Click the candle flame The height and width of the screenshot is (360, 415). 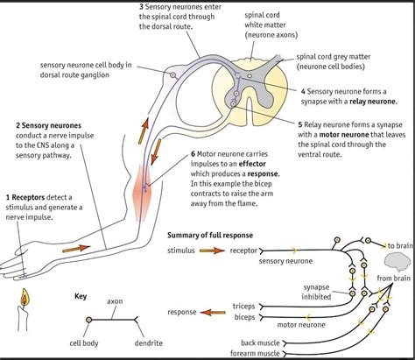25,297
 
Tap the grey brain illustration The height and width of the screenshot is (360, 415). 397,261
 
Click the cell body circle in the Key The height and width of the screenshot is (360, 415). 89,320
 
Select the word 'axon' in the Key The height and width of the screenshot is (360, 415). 115,301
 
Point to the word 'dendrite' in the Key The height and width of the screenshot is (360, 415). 149,343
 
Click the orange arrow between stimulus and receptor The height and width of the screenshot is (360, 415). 212,251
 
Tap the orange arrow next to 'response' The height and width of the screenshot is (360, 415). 213,313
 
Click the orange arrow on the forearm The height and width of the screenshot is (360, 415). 76,249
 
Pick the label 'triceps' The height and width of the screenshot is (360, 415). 244,307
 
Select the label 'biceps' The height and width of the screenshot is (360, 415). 245,317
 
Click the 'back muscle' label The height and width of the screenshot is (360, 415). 260,342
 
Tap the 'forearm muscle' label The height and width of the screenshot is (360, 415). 255,354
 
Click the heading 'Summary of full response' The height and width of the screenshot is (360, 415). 210,236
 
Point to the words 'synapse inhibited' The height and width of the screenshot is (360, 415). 316,292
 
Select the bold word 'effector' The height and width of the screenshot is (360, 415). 252,164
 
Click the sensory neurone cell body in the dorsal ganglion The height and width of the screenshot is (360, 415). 173,75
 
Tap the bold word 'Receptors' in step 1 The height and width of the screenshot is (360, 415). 28,198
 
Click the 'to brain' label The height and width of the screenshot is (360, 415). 400,246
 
